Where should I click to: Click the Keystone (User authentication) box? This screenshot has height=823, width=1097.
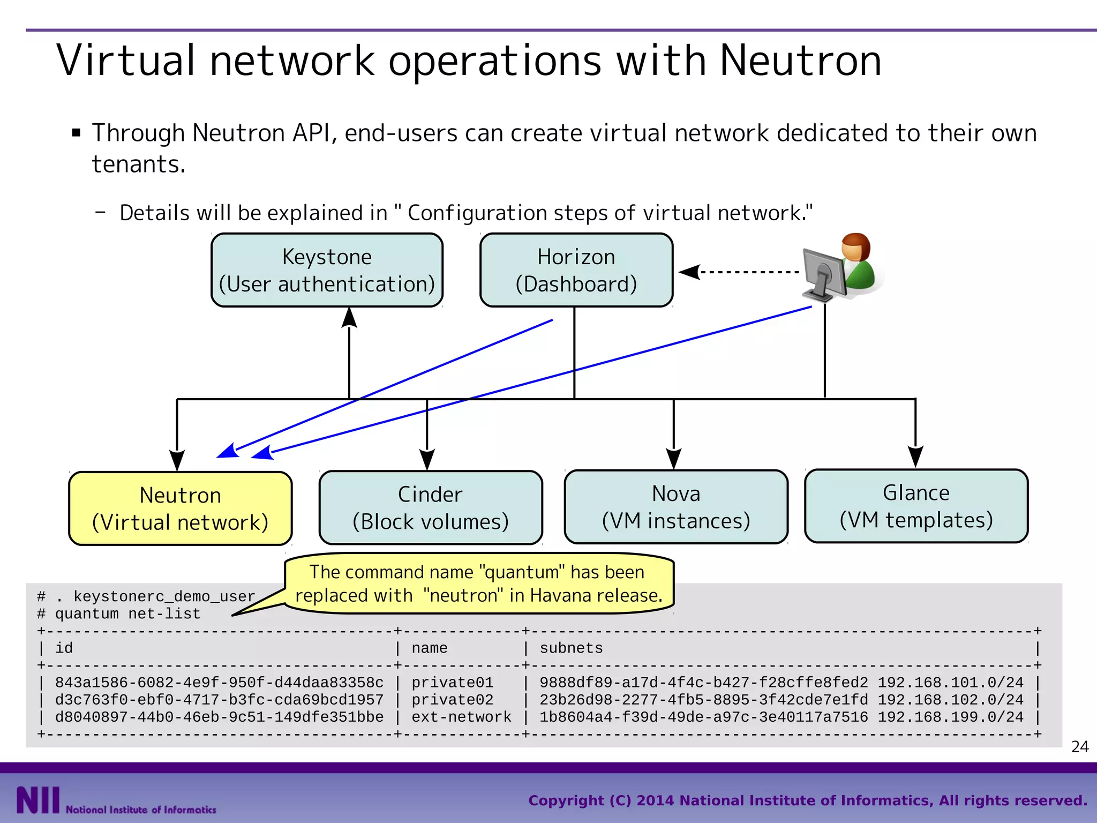pos(327,270)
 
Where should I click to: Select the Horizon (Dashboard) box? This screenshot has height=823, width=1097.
pos(576,270)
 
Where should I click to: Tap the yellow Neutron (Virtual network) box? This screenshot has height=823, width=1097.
pos(180,508)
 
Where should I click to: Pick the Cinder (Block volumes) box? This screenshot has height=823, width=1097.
pos(430,507)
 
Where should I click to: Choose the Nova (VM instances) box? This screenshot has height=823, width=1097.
pos(675,507)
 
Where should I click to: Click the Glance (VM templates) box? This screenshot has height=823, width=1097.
pos(916,506)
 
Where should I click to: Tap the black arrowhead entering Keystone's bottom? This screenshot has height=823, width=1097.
pos(349,317)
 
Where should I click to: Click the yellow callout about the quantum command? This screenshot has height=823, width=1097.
pos(478,583)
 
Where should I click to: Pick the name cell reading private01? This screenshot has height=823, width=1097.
pos(452,683)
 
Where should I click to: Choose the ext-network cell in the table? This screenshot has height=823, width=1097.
pos(461,717)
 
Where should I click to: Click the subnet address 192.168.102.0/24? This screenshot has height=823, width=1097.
pos(950,700)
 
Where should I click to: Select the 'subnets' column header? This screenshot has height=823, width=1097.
pos(570,648)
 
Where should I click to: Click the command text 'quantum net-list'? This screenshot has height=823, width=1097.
pos(127,614)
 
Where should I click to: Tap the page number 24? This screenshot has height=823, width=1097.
pos(1079,746)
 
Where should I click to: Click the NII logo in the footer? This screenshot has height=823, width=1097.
pos(37,800)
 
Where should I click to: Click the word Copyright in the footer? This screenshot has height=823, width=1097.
pos(566,800)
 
